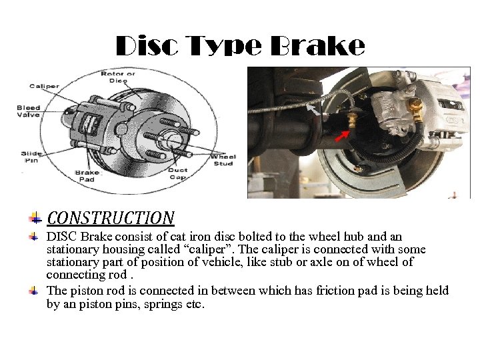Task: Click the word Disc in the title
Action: tap(147, 45)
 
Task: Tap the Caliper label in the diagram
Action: tap(44, 86)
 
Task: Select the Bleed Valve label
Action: tap(28, 111)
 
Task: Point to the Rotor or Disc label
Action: tap(118, 77)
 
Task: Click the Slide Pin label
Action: tap(31, 157)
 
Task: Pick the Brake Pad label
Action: tap(87, 176)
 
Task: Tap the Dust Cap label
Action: tap(177, 173)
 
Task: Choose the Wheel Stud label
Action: tap(223, 160)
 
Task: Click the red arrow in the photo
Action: tap(342, 136)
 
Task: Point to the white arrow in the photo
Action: tap(313, 109)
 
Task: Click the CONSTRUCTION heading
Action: tap(111, 218)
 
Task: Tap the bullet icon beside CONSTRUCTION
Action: tap(35, 218)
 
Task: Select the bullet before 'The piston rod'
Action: tap(34, 290)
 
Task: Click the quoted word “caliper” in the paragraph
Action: tap(208, 249)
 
